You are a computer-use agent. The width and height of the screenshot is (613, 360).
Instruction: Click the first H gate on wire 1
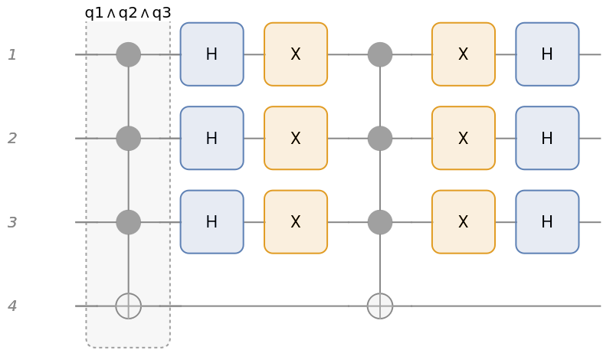point(211,54)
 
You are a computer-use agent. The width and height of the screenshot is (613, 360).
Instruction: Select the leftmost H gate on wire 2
point(211,138)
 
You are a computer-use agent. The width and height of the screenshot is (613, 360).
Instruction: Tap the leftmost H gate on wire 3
point(211,222)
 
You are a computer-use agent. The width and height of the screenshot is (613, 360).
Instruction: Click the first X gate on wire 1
point(296,54)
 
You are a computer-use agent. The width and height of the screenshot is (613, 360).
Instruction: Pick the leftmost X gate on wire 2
point(296,138)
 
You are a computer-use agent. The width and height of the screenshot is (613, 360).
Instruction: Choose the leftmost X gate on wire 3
point(296,222)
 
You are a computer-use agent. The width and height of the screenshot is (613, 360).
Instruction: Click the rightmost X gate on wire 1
point(463,54)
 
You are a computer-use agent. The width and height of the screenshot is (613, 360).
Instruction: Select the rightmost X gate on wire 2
point(463,138)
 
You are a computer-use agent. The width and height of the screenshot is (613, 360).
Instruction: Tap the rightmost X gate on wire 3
point(463,222)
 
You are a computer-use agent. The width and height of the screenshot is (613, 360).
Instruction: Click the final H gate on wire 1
point(547,54)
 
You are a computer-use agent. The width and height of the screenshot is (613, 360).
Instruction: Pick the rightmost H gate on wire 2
point(547,138)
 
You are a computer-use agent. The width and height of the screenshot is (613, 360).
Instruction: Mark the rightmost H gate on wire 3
point(547,222)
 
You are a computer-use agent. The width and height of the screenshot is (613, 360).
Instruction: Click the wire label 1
point(12,54)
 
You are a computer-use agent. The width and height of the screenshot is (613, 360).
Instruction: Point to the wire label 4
point(12,306)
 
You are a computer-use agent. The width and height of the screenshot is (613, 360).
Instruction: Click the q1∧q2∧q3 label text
point(128,13)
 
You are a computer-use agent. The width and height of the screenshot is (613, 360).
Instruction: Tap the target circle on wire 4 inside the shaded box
point(128,306)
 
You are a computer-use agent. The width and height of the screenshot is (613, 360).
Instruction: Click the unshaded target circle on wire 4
point(380,306)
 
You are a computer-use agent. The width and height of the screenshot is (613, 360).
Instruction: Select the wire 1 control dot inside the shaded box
point(128,54)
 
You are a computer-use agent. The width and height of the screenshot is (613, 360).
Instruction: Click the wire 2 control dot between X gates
point(380,138)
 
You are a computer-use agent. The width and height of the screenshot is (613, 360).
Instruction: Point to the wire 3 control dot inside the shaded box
point(128,222)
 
